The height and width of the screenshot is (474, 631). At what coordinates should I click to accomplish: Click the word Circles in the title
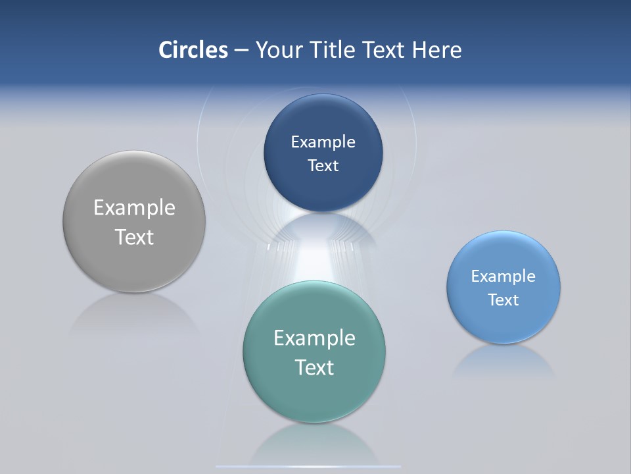[x=193, y=50]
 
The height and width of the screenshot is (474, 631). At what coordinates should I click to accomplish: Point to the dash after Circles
[x=241, y=51]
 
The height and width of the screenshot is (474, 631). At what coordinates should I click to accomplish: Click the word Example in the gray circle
[x=134, y=208]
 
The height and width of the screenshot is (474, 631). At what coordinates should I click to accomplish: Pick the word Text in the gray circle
[x=134, y=237]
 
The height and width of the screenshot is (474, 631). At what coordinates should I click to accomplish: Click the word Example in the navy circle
[x=323, y=142]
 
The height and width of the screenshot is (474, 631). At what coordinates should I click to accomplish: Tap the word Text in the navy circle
[x=323, y=166]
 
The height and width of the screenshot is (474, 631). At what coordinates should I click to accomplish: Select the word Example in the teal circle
[x=314, y=338]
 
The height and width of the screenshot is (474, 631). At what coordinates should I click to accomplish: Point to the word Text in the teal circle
[x=314, y=367]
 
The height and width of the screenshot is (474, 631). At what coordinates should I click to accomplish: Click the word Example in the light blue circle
[x=503, y=276]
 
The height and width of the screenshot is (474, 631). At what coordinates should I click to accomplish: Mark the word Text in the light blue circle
[x=503, y=300]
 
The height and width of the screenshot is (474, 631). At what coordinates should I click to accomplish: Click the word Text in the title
[x=385, y=50]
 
